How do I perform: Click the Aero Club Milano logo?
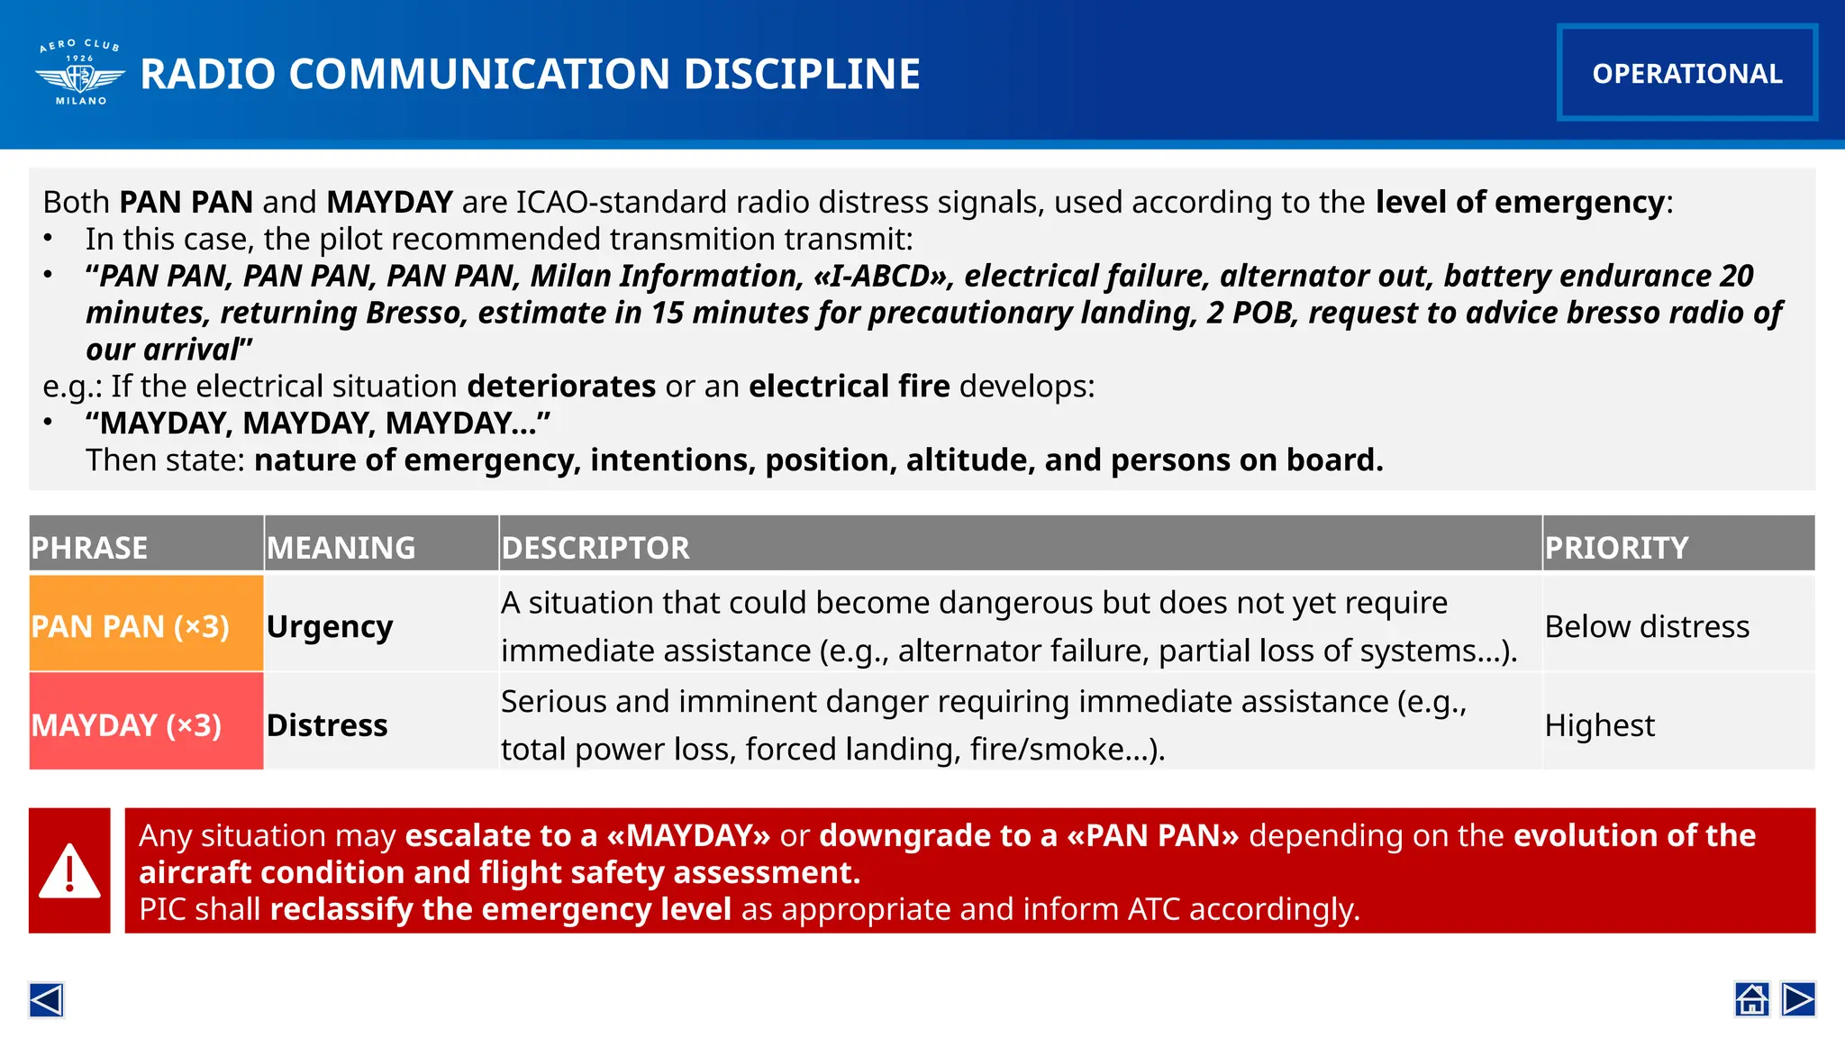click(x=80, y=73)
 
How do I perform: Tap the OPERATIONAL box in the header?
click(x=1686, y=73)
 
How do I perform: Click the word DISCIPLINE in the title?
click(x=802, y=74)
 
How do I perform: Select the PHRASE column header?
click(x=89, y=547)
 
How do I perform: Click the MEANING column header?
click(x=341, y=547)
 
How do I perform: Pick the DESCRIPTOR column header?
click(x=595, y=547)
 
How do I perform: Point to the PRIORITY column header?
click(x=1616, y=547)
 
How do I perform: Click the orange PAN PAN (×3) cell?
click(x=131, y=626)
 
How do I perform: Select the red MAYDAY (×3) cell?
click(x=127, y=724)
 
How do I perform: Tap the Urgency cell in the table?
click(x=330, y=626)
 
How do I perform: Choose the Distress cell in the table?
click(x=327, y=724)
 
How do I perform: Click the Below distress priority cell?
click(x=1647, y=626)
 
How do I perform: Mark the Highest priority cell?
click(x=1599, y=724)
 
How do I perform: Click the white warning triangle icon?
click(x=69, y=871)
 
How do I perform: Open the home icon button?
click(x=1751, y=999)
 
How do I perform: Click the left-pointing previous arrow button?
click(x=46, y=999)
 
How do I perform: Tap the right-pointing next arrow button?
click(x=1798, y=999)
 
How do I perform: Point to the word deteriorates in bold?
click(x=561, y=387)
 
